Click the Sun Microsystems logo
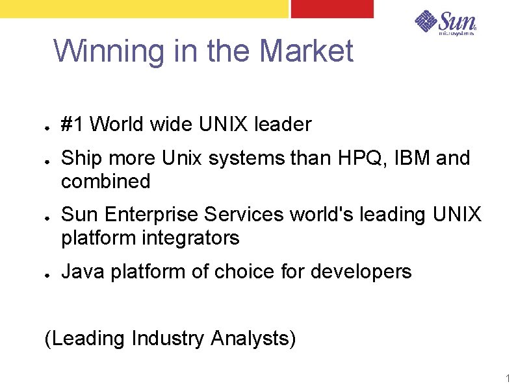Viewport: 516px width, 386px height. point(446,23)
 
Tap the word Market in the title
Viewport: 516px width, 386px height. point(306,51)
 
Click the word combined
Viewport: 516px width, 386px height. point(105,181)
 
